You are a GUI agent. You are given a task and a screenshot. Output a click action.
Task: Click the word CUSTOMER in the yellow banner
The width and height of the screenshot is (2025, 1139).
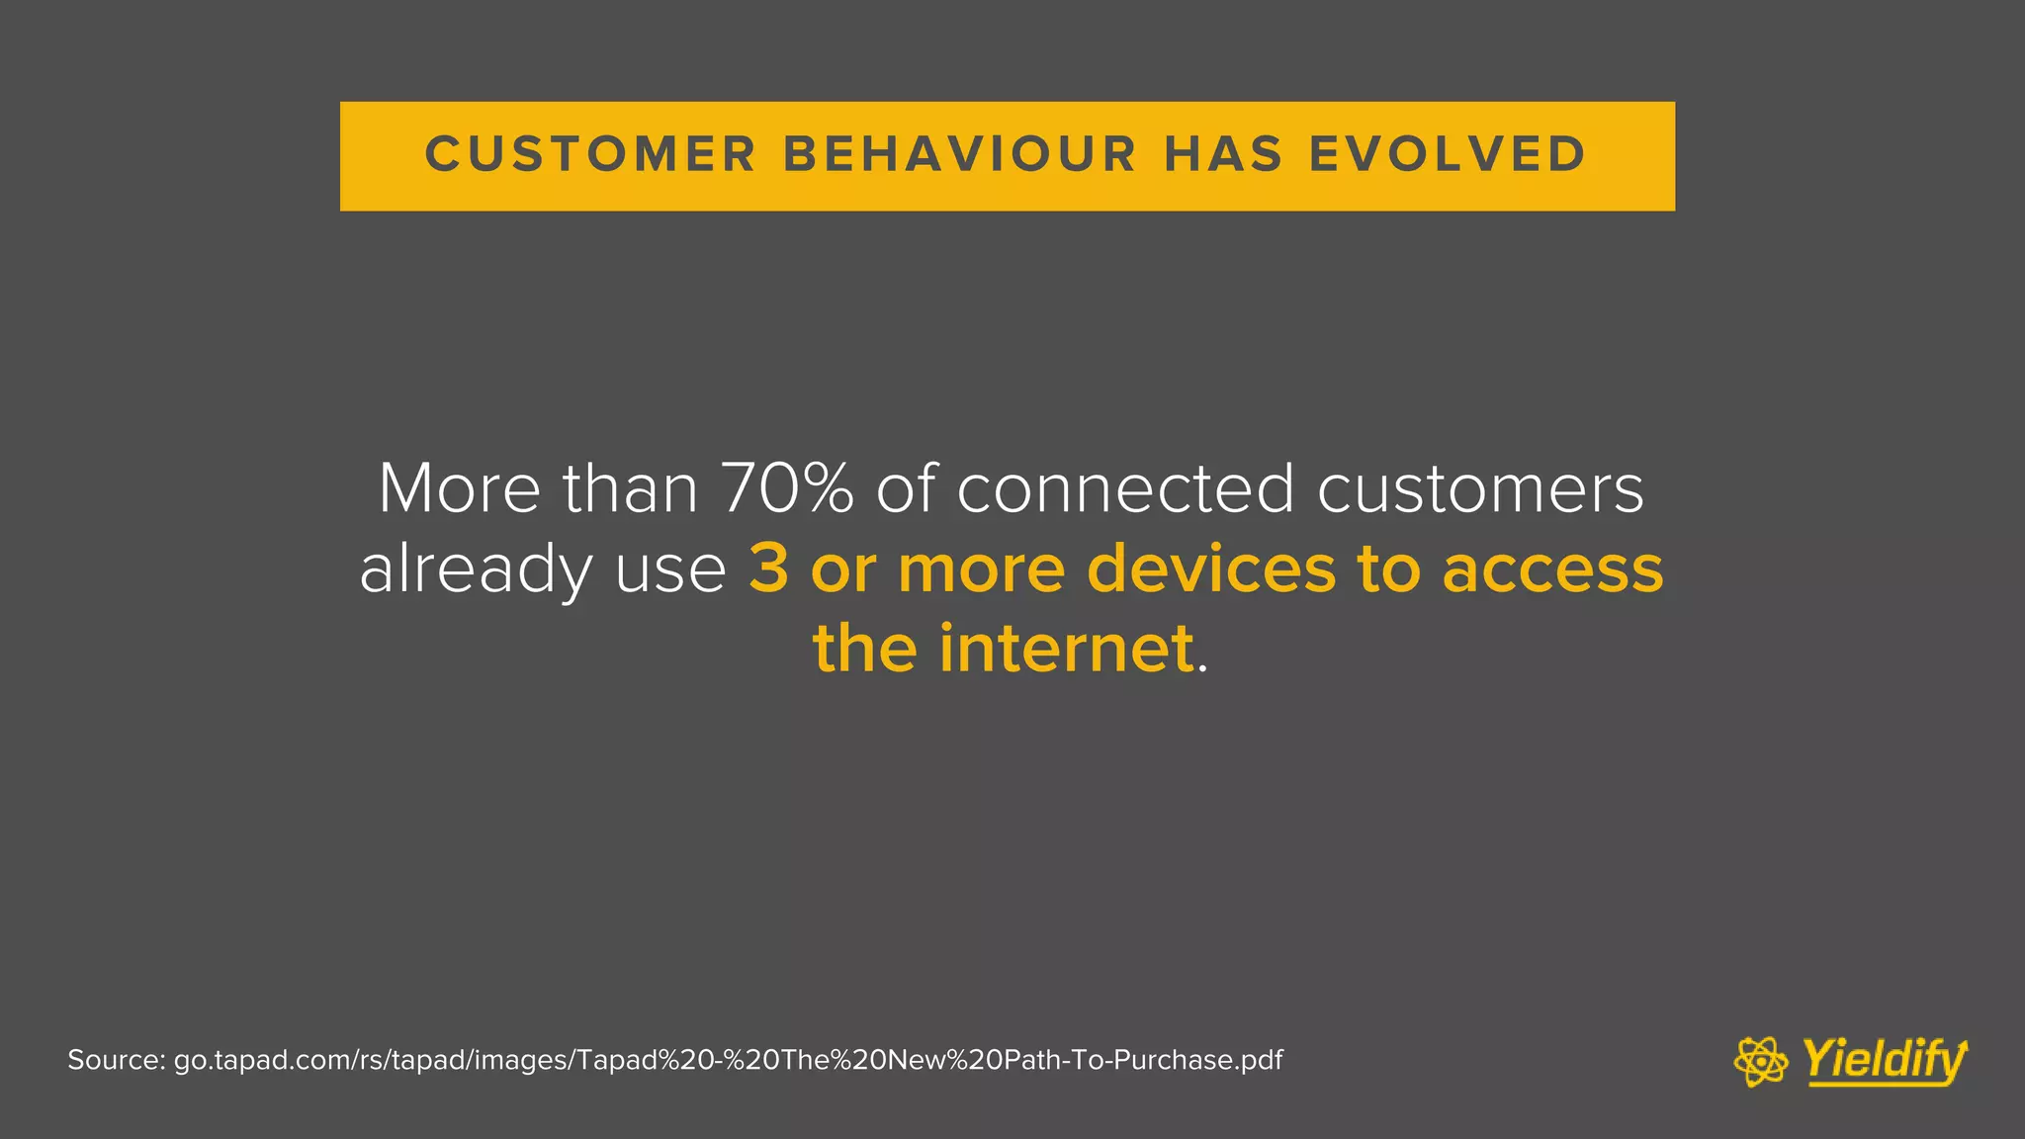[x=590, y=155]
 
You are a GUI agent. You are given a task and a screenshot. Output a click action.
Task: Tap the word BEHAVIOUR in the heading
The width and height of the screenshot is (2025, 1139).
[x=959, y=155]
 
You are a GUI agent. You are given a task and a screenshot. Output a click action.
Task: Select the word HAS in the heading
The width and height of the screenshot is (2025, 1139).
[x=1223, y=155]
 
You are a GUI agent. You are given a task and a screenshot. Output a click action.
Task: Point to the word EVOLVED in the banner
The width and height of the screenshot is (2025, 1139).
[x=1449, y=155]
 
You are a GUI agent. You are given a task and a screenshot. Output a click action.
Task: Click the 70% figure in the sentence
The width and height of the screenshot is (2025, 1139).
[x=787, y=488]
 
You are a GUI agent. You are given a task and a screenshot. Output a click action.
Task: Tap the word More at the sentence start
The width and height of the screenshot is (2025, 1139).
[x=460, y=488]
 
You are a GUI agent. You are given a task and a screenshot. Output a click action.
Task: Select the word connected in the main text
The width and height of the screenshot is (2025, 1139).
[x=1125, y=488]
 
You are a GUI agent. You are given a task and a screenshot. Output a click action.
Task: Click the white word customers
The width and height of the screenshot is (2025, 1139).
[x=1480, y=488]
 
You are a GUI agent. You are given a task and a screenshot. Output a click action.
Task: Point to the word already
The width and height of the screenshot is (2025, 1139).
[x=475, y=571]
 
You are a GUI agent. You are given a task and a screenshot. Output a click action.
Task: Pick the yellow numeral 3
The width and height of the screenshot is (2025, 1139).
[x=768, y=569]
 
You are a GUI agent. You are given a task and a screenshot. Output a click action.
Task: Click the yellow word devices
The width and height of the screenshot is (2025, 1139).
[x=1211, y=569]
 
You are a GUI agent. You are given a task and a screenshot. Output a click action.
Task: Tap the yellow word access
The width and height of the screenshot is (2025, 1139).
[x=1552, y=569]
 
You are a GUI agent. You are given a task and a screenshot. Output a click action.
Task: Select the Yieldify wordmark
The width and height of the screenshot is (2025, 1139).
[x=1885, y=1061]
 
